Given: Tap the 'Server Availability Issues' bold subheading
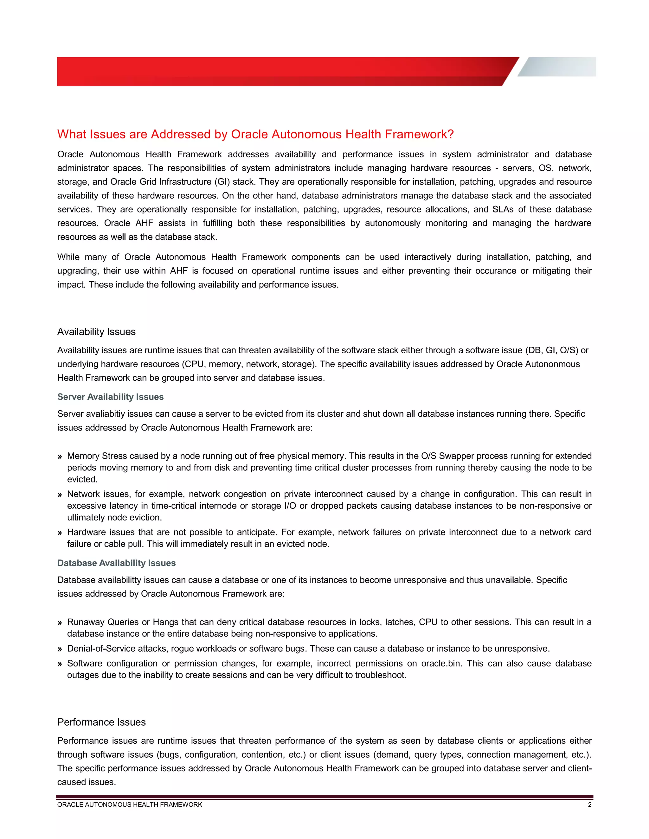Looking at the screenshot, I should [110, 397].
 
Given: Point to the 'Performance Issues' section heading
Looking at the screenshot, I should [101, 722].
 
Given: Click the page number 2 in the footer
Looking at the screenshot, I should [589, 804].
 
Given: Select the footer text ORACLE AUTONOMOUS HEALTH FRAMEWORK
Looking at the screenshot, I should [130, 804].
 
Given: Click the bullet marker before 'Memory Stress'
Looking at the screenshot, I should [60, 456].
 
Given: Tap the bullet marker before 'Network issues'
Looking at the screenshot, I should [60, 495].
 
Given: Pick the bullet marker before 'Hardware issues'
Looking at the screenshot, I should [60, 533].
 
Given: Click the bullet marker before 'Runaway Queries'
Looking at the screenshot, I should [60, 622].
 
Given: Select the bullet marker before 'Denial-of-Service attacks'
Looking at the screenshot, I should [60, 649].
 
